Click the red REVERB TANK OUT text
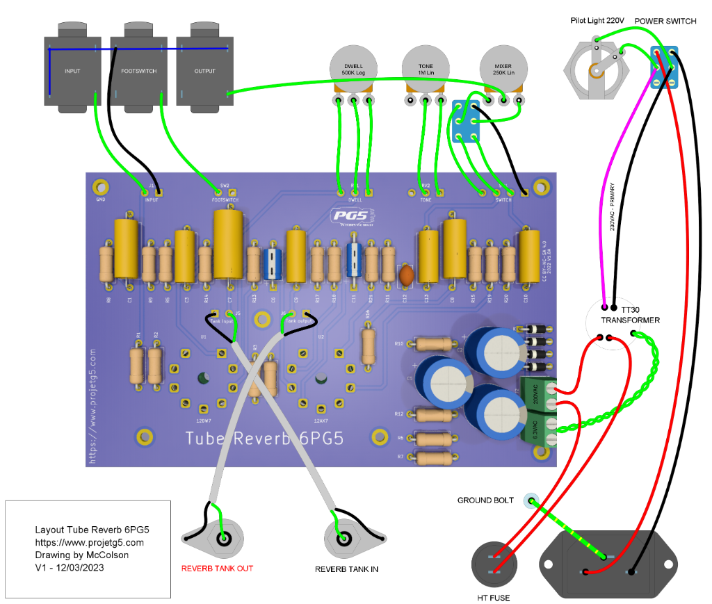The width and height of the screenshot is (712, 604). [217, 568]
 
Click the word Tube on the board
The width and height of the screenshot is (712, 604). [207, 439]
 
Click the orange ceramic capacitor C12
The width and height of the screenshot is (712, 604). [407, 275]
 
